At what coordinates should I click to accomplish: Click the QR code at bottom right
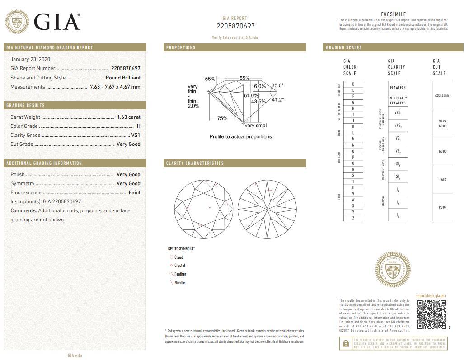[431, 314]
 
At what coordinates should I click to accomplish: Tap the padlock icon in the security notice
[346, 344]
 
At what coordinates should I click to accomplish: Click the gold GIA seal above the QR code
[392, 269]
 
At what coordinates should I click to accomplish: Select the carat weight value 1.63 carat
[128, 117]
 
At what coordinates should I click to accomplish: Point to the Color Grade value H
[138, 126]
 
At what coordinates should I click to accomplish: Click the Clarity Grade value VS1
[136, 135]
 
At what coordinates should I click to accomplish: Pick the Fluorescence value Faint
[134, 192]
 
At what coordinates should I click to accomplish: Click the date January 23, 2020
[30, 59]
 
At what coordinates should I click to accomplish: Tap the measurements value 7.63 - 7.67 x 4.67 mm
[115, 87]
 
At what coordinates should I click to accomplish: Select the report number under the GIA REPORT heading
[235, 26]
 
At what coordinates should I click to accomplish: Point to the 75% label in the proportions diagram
[222, 118]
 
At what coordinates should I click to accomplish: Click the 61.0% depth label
[251, 96]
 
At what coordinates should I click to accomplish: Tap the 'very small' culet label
[256, 126]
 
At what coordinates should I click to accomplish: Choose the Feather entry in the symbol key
[180, 274]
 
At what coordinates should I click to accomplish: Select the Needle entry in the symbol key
[179, 283]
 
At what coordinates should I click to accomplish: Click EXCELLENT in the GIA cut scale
[442, 96]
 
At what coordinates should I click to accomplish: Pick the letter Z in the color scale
[353, 218]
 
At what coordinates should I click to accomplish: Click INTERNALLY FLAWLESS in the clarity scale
[398, 100]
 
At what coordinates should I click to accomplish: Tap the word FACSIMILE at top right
[393, 14]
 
